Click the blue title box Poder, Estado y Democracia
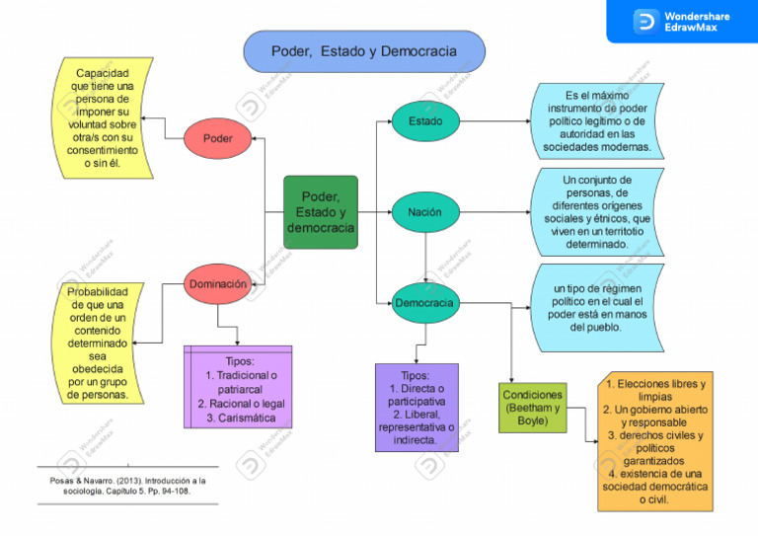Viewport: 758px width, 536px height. (364, 51)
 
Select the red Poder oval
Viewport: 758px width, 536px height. (218, 138)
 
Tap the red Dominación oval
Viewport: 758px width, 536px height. (218, 284)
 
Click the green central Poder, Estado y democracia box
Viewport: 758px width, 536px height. (320, 212)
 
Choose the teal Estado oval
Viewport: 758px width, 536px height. (425, 121)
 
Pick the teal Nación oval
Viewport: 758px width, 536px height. (425, 212)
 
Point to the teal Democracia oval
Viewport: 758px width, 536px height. (424, 303)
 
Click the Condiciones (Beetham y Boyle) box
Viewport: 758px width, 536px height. (532, 408)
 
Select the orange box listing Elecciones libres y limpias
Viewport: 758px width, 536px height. (655, 441)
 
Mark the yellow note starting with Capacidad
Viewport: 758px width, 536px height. (104, 118)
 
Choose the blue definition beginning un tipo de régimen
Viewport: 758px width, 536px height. (596, 307)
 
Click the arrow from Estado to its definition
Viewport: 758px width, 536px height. (493, 121)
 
